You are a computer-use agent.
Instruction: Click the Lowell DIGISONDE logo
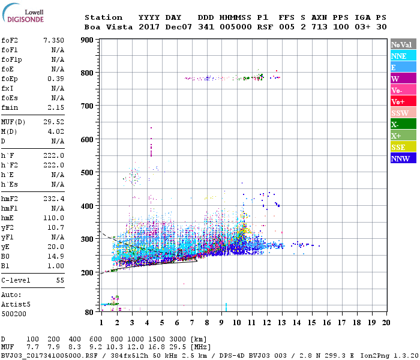23,16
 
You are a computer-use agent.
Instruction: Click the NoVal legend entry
402,44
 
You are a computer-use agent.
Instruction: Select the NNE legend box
402,56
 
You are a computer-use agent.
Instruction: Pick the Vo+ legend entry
402,101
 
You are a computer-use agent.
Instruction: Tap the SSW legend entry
402,113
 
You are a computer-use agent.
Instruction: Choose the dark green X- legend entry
402,124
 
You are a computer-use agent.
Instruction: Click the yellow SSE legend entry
402,147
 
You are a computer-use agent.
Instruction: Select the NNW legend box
402,158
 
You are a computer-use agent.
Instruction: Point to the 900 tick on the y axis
88,40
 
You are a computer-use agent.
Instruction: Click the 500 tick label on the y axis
88,173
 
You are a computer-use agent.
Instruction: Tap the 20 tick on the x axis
386,323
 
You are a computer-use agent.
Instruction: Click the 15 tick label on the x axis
311,323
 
